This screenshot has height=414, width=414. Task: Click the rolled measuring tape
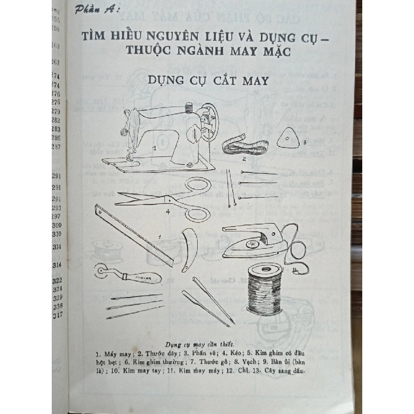pyautogui.click(x=244, y=145)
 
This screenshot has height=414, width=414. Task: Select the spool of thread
pyautogui.click(x=264, y=288)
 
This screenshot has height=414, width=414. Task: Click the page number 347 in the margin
pyautogui.click(x=57, y=315)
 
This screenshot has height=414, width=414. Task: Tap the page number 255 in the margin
pyautogui.click(x=56, y=20)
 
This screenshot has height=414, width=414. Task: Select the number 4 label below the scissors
pyautogui.click(x=168, y=211)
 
